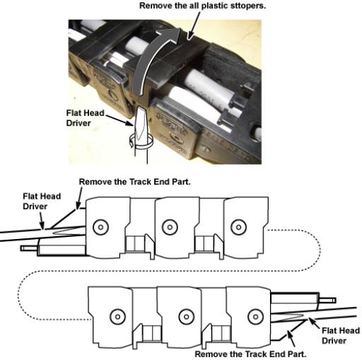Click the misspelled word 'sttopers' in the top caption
click(x=248, y=6)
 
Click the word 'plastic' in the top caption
click(x=215, y=6)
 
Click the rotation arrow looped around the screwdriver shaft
click(x=141, y=142)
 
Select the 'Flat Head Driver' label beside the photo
click(x=85, y=118)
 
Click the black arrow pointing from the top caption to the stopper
click(x=194, y=26)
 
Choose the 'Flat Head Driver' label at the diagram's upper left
click(x=42, y=201)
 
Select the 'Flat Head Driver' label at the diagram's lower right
click(x=341, y=335)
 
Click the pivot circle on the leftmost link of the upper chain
click(x=100, y=227)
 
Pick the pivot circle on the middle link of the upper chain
click(x=170, y=227)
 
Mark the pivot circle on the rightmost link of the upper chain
click(x=239, y=227)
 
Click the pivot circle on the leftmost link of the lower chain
click(x=117, y=316)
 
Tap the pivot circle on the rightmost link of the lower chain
click(x=255, y=316)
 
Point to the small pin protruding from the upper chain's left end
click(x=28, y=248)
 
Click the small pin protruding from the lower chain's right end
click(x=327, y=301)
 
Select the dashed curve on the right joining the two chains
click(x=320, y=250)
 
